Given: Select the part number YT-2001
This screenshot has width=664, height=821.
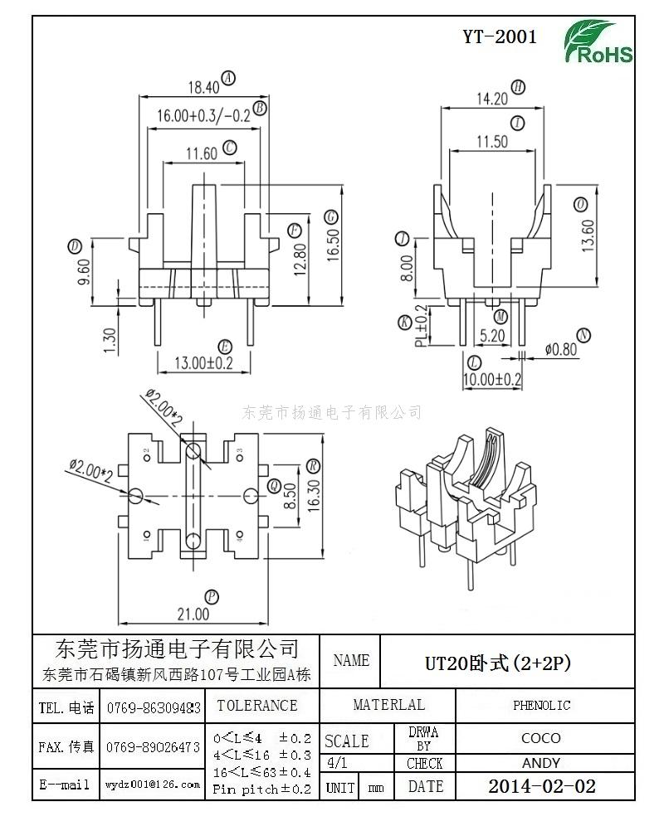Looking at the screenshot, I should pos(499,37).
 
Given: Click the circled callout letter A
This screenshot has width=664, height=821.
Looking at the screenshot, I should pos(229,78).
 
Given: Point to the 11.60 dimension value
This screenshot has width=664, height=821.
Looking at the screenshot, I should pos(202,153).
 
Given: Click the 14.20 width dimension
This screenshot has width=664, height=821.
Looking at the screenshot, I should pos(491,98).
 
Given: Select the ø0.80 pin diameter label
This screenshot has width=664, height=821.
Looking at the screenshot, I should pos(561,349).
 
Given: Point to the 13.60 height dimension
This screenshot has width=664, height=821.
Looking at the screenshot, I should pos(588,236).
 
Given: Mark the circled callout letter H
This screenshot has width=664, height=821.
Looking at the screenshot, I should pos(519,87).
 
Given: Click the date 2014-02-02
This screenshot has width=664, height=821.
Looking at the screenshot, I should pos(541,786).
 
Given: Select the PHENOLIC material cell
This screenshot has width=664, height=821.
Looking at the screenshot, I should pos(541,706).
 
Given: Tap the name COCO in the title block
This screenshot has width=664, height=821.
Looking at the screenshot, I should pos(541,737).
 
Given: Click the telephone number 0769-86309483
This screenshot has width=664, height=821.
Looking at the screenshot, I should pos(153,708).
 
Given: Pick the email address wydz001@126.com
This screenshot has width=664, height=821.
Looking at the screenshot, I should pos(153,784).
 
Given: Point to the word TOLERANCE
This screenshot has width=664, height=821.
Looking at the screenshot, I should pos(256,706).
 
